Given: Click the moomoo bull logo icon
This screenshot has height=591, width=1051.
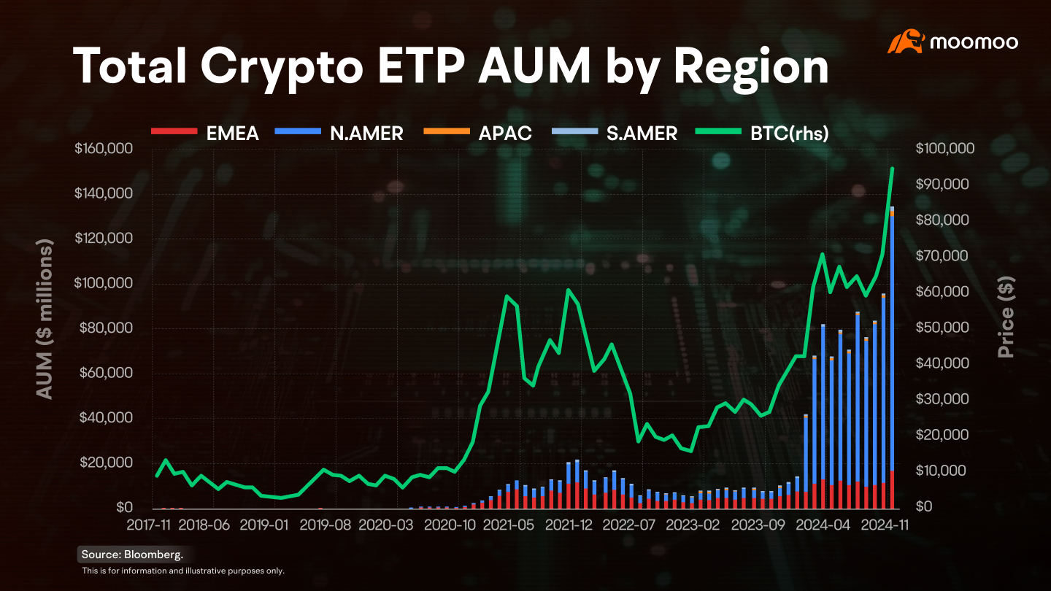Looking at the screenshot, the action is point(906,42).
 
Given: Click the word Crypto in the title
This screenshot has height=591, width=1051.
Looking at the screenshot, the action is point(282,67).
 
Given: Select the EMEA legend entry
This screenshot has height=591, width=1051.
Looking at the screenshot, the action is point(205,134).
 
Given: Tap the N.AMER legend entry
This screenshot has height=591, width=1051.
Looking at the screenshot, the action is point(339,134).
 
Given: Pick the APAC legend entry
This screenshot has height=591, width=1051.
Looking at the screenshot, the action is point(477,134).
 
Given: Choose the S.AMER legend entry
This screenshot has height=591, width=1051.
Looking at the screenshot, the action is point(615,134).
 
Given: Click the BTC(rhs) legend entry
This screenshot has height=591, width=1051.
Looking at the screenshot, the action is point(762,134).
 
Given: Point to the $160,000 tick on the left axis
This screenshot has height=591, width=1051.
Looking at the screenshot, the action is point(104,149).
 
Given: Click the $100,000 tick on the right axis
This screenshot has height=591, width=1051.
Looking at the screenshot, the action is point(945,149).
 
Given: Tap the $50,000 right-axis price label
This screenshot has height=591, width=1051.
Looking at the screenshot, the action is point(942,328).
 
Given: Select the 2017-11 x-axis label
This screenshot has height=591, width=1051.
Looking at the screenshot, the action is point(148,525).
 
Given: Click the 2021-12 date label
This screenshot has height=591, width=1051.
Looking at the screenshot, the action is point(568,525).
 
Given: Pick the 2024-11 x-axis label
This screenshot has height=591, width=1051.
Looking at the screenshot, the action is point(885,525).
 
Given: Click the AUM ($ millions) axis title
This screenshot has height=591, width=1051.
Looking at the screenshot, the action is point(45,319).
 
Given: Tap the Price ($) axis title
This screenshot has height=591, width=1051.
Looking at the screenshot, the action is point(1006,317).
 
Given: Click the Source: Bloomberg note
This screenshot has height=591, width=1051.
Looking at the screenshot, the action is point(132,555).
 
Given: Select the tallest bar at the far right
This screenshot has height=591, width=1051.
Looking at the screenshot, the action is point(892,358).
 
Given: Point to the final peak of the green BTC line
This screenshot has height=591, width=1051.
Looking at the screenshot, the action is point(893,168).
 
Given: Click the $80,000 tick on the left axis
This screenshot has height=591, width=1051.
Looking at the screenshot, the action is point(106,328).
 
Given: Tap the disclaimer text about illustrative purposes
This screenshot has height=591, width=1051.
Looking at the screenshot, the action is point(183,571).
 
